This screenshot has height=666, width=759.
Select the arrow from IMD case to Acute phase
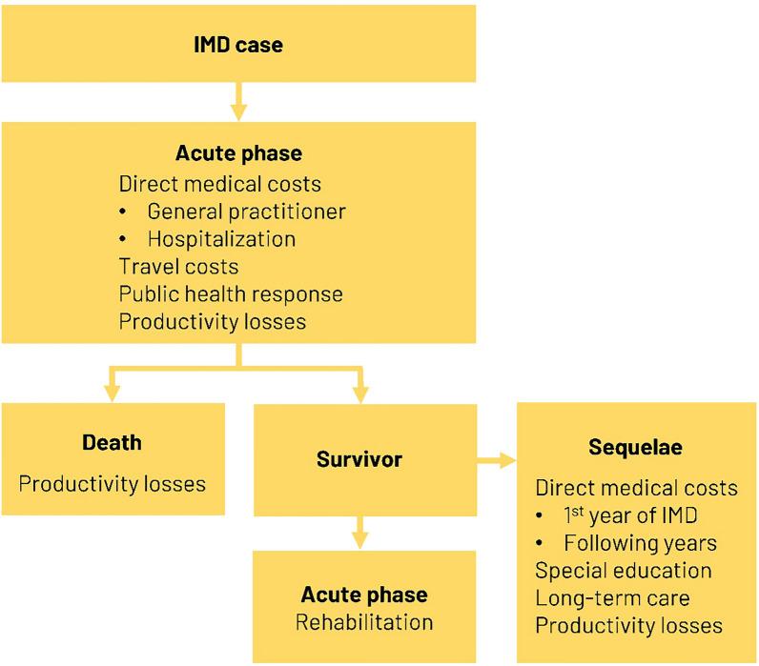[237, 99]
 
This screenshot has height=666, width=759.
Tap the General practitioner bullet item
[246, 211]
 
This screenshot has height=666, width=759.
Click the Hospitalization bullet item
[221, 238]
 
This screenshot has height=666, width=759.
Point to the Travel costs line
[178, 266]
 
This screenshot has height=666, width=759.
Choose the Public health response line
[231, 293]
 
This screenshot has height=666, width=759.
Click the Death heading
[112, 442]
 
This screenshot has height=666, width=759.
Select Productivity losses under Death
[113, 483]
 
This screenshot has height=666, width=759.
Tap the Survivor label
[359, 459]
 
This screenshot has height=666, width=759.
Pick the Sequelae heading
[636, 448]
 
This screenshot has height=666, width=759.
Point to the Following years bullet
[640, 543]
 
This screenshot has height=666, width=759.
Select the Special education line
[624, 571]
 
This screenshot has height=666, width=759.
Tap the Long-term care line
[612, 598]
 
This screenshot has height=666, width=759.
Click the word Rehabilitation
[364, 622]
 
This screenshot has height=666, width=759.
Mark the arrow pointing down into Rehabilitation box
[359, 534]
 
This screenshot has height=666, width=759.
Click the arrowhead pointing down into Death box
[112, 392]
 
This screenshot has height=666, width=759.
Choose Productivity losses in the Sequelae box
[628, 626]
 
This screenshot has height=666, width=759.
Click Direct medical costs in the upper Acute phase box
[220, 183]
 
